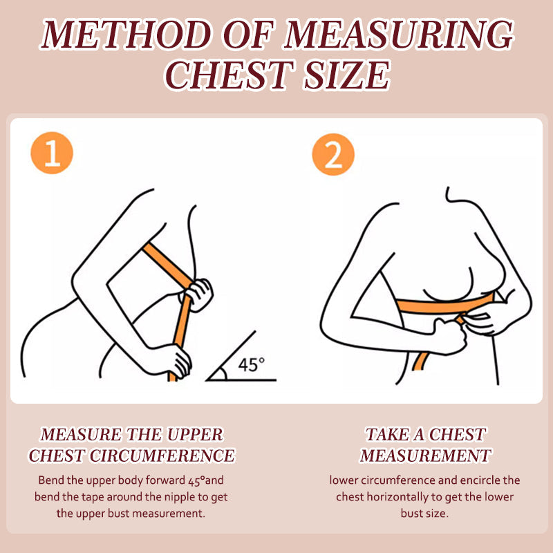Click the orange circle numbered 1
coord(52,153)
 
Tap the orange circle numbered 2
coord(333,154)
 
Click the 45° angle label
coord(251,365)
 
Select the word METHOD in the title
coord(128,34)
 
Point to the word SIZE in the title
coord(348,75)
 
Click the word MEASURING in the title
coord(399,34)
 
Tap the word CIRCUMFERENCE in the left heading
coord(162,456)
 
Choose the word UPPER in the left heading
coord(195,435)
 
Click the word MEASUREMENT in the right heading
coord(425,456)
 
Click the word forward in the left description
coord(165,480)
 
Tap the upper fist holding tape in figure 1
coord(198,294)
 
